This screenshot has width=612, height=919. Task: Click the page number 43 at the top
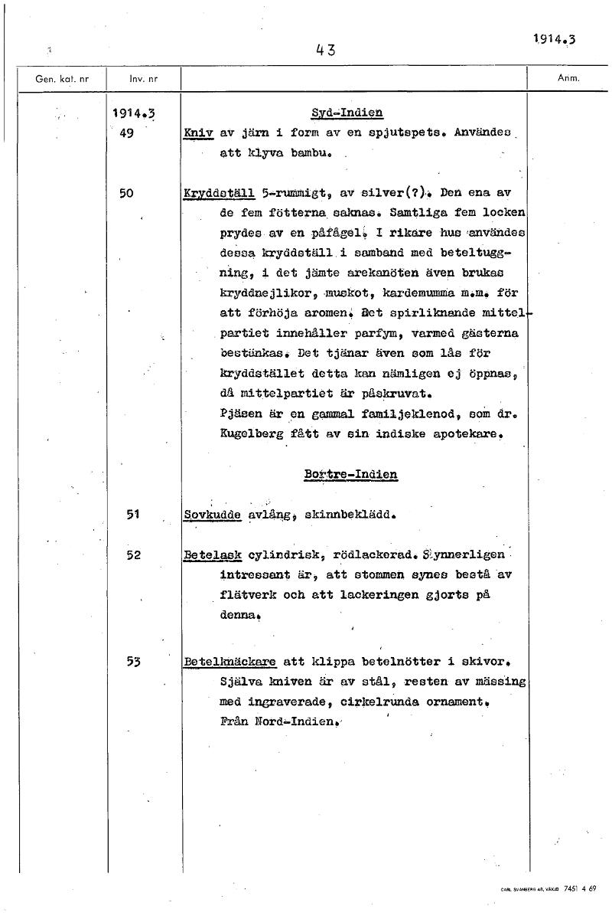point(325,51)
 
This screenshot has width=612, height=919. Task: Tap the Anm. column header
point(569,78)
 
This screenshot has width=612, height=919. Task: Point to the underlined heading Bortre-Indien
point(350,474)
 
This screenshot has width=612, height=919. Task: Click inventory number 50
point(126,194)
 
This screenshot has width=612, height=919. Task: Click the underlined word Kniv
point(198,132)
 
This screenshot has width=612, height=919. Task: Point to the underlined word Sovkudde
point(213,515)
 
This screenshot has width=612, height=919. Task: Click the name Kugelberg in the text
point(251,435)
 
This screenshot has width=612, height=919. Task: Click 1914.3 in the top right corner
point(554,40)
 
